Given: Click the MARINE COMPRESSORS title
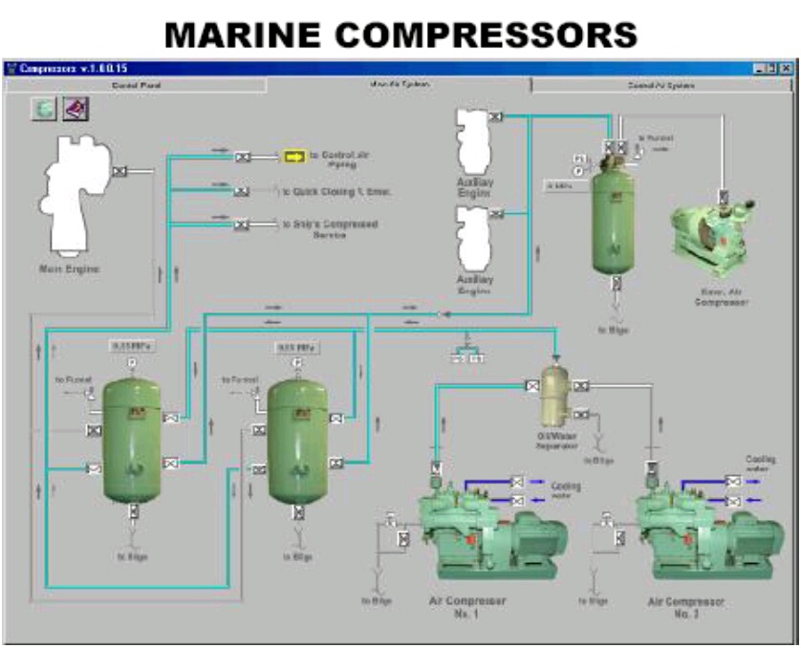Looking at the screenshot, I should pos(400,34).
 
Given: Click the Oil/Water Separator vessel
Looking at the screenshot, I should pos(555,398).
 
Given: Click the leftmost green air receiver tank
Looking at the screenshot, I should pos(132,439).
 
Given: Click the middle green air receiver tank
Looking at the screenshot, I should pos(297,439).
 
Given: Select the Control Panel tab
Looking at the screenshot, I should pos(137,85).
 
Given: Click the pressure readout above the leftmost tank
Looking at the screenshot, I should pos(131,346).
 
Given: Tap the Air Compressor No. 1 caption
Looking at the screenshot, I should pos(467,607).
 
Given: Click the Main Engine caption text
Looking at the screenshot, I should pos(68,269).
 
